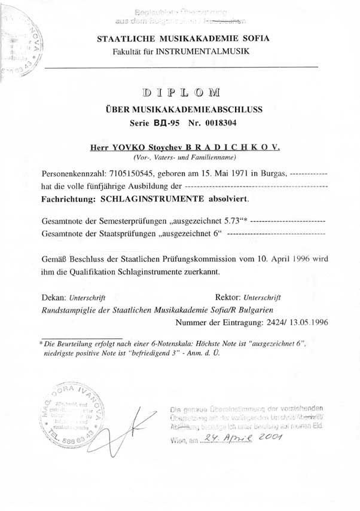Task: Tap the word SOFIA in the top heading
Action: [x=254, y=40]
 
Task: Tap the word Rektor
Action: [x=227, y=296]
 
